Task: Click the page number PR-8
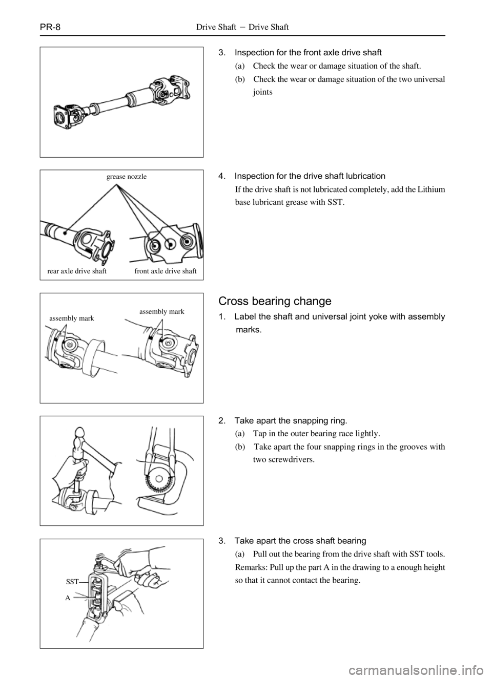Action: [50, 27]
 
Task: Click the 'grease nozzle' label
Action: [127, 177]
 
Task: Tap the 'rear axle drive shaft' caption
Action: [77, 271]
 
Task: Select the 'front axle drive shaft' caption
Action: [166, 271]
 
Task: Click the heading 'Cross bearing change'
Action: [275, 301]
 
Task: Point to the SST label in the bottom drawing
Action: [72, 581]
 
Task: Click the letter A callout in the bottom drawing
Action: [68, 598]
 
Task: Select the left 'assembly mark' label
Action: [72, 319]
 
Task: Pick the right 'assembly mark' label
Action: [161, 312]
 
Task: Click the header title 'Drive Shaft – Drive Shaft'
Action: [242, 27]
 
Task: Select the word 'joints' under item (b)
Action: [263, 92]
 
